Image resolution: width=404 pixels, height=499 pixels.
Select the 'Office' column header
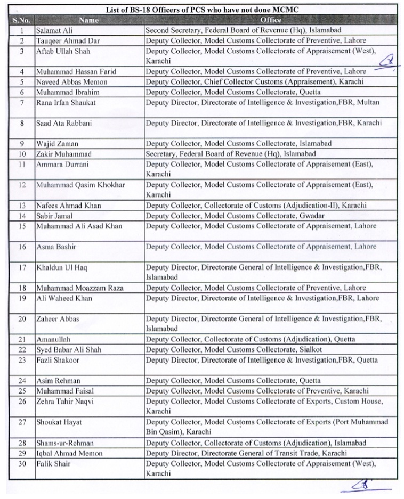point(271,20)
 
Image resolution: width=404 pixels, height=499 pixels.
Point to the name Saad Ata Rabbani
point(63,123)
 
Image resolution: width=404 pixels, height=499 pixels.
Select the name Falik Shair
point(53,463)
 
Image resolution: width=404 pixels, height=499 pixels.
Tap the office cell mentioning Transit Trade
point(246,453)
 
